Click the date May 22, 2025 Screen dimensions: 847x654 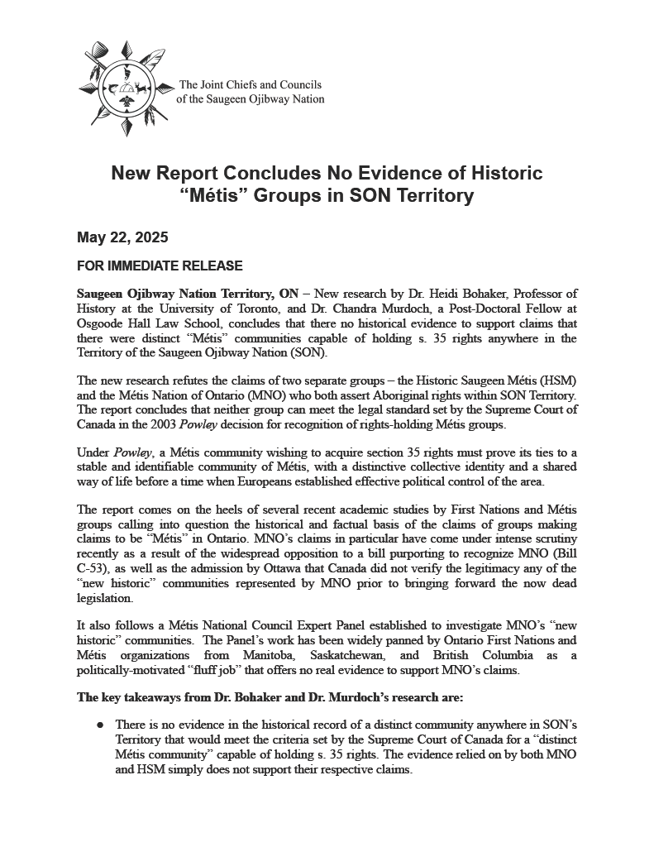point(122,238)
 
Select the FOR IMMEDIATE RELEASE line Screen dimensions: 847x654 point(160,266)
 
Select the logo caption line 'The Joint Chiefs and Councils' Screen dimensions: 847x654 point(250,85)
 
